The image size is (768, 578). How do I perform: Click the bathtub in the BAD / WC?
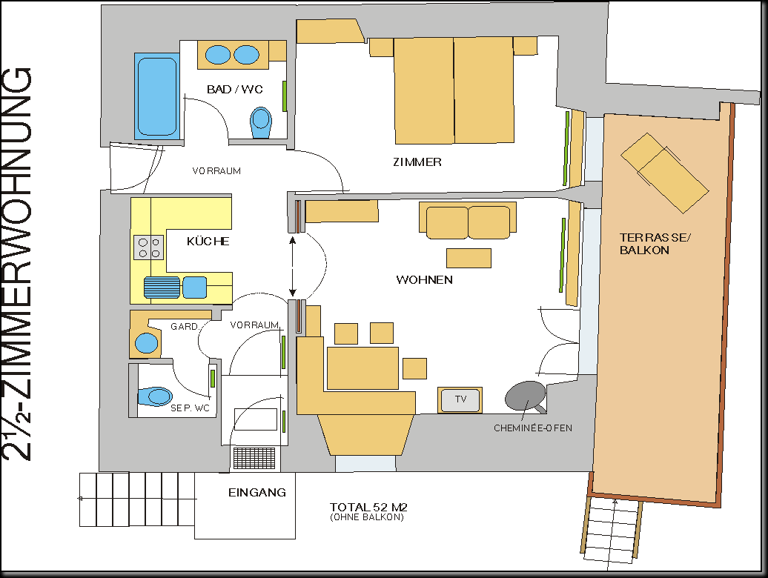click(x=156, y=96)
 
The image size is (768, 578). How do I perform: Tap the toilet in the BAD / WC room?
click(x=261, y=122)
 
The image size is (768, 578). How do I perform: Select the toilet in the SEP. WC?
click(x=155, y=396)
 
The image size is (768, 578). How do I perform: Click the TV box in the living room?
click(x=460, y=399)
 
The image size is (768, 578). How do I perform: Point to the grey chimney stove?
click(x=526, y=396)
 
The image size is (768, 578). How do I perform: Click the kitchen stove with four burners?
click(x=149, y=248)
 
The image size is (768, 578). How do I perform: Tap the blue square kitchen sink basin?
click(x=194, y=288)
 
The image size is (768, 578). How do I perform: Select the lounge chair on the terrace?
click(x=665, y=173)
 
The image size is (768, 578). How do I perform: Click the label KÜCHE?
click(x=208, y=242)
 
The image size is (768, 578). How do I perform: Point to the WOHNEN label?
click(x=424, y=280)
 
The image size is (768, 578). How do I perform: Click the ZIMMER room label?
click(x=417, y=162)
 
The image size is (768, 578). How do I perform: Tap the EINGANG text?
click(x=257, y=492)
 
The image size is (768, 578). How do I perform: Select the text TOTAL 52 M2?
click(x=368, y=507)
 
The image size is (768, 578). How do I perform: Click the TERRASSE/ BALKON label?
click(x=655, y=244)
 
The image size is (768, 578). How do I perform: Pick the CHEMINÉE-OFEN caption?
click(x=533, y=428)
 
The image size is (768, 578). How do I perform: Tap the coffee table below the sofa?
click(x=469, y=258)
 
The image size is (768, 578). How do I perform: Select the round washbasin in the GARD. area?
click(x=147, y=342)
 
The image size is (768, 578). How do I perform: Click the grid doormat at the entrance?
click(x=254, y=458)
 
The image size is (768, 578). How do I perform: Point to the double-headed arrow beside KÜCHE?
click(x=293, y=267)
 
